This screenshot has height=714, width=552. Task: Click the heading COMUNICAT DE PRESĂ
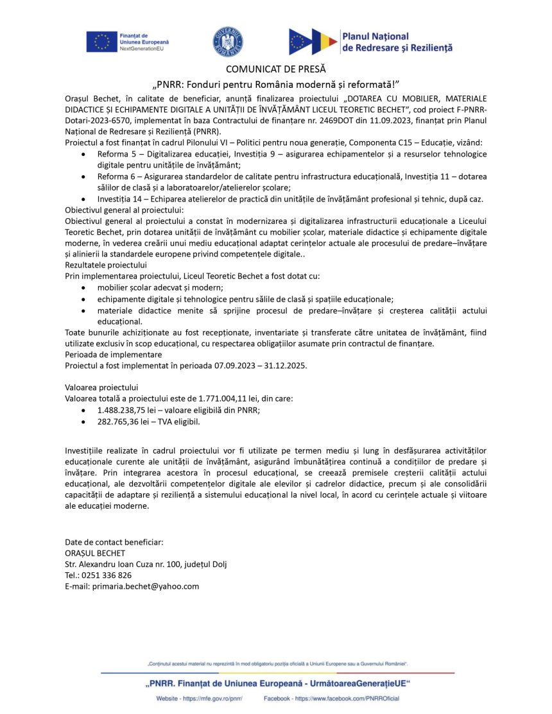276,69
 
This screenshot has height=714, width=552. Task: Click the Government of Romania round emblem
229,40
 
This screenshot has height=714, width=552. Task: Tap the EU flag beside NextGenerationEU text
101,42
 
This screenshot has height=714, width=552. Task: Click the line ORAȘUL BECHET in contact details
95,553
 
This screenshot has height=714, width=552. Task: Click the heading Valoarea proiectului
101,387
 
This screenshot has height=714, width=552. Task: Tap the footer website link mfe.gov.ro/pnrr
210,698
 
